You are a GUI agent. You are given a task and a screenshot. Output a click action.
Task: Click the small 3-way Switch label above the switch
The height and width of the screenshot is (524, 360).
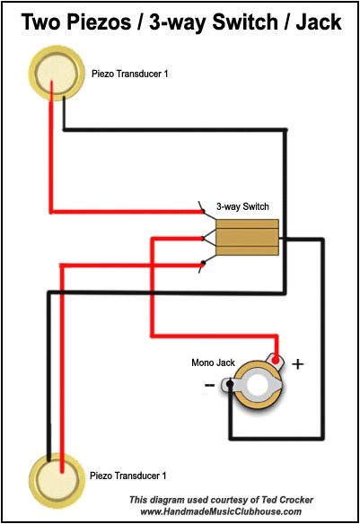pyautogui.click(x=242, y=206)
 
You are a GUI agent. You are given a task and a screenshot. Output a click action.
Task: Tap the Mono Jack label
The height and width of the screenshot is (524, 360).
pyautogui.click(x=213, y=363)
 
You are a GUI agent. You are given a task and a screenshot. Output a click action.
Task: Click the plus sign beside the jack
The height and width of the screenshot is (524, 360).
pyautogui.click(x=298, y=364)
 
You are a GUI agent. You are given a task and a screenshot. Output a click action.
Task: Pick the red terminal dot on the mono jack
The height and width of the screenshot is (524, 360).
pyautogui.click(x=278, y=362)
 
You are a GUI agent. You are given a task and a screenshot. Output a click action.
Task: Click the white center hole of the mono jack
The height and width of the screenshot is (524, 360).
pyautogui.click(x=262, y=387)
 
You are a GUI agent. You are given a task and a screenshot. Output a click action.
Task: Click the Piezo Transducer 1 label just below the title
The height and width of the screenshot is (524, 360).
pyautogui.click(x=129, y=73)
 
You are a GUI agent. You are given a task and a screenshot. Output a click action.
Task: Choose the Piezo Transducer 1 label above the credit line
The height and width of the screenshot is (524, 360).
pyautogui.click(x=128, y=474)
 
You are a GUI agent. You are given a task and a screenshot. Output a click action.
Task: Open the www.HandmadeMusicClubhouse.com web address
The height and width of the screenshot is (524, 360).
pyautogui.click(x=221, y=511)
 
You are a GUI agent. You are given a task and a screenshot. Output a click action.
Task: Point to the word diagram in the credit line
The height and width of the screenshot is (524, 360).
pyautogui.click(x=164, y=500)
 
